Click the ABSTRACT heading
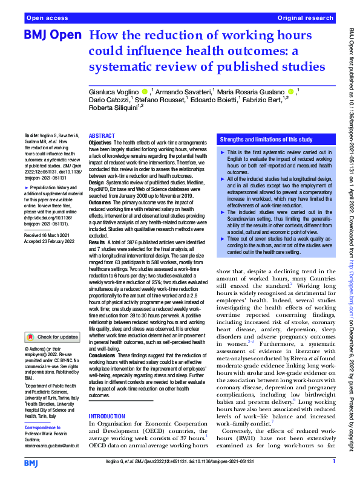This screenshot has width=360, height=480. point(102,136)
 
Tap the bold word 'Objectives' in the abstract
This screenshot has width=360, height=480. point(101,143)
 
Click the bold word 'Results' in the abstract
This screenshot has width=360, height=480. point(97,241)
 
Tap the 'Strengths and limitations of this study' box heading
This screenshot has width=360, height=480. point(262,138)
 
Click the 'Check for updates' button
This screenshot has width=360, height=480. point(53,337)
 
